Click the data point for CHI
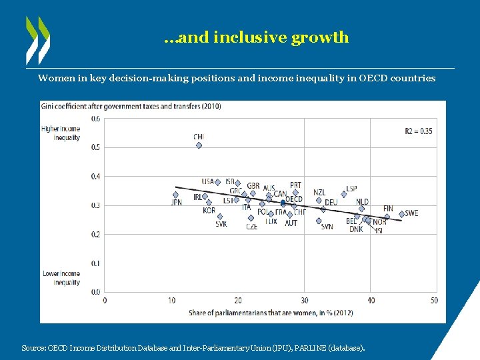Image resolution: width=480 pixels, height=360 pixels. click(x=199, y=145)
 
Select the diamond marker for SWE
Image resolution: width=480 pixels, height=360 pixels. click(x=401, y=214)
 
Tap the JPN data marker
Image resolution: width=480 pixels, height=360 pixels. click(x=176, y=195)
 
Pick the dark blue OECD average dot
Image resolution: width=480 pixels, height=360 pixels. click(x=283, y=202)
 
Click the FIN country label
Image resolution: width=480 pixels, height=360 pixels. click(x=388, y=208)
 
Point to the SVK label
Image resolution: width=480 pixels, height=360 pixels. click(x=221, y=224)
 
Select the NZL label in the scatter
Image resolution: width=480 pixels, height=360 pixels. click(x=319, y=193)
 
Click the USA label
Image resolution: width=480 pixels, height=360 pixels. click(x=208, y=181)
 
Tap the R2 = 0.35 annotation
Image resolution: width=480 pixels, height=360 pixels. click(x=418, y=131)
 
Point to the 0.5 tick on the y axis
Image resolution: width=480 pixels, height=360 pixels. click(x=96, y=147)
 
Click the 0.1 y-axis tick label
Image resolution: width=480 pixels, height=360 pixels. click(x=96, y=263)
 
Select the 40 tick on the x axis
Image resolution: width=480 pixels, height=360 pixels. click(x=371, y=300)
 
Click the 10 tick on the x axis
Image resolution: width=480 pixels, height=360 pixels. click(x=172, y=300)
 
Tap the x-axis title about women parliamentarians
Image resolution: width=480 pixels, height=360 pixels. click(x=271, y=312)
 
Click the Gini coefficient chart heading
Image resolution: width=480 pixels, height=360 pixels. click(x=131, y=106)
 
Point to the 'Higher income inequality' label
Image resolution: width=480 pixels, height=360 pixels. click(x=61, y=133)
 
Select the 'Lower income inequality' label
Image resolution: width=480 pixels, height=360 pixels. click(x=61, y=277)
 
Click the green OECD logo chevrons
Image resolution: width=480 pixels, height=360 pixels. click(x=37, y=39)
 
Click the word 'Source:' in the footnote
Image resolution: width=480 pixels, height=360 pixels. click(x=34, y=348)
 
